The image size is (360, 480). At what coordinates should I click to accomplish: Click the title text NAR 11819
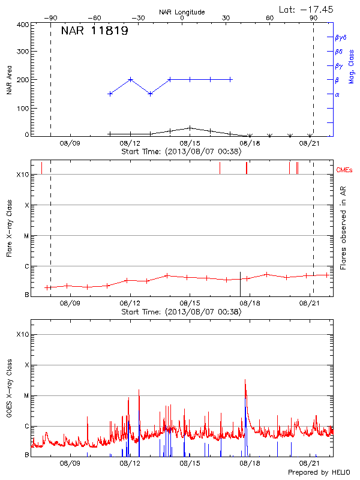click(x=94, y=31)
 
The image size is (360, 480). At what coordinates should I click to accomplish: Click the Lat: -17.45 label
click(x=307, y=9)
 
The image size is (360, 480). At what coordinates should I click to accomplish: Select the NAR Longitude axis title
click(x=182, y=12)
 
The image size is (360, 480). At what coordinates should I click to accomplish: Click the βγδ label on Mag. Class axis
click(x=341, y=37)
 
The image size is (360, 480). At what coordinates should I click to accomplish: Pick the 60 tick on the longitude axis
click(x=270, y=18)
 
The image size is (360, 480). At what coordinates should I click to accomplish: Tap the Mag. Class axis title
click(x=352, y=67)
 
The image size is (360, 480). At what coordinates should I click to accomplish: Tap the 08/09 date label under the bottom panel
click(x=70, y=463)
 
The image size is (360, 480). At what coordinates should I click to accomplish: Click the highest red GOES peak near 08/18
click(x=245, y=379)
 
